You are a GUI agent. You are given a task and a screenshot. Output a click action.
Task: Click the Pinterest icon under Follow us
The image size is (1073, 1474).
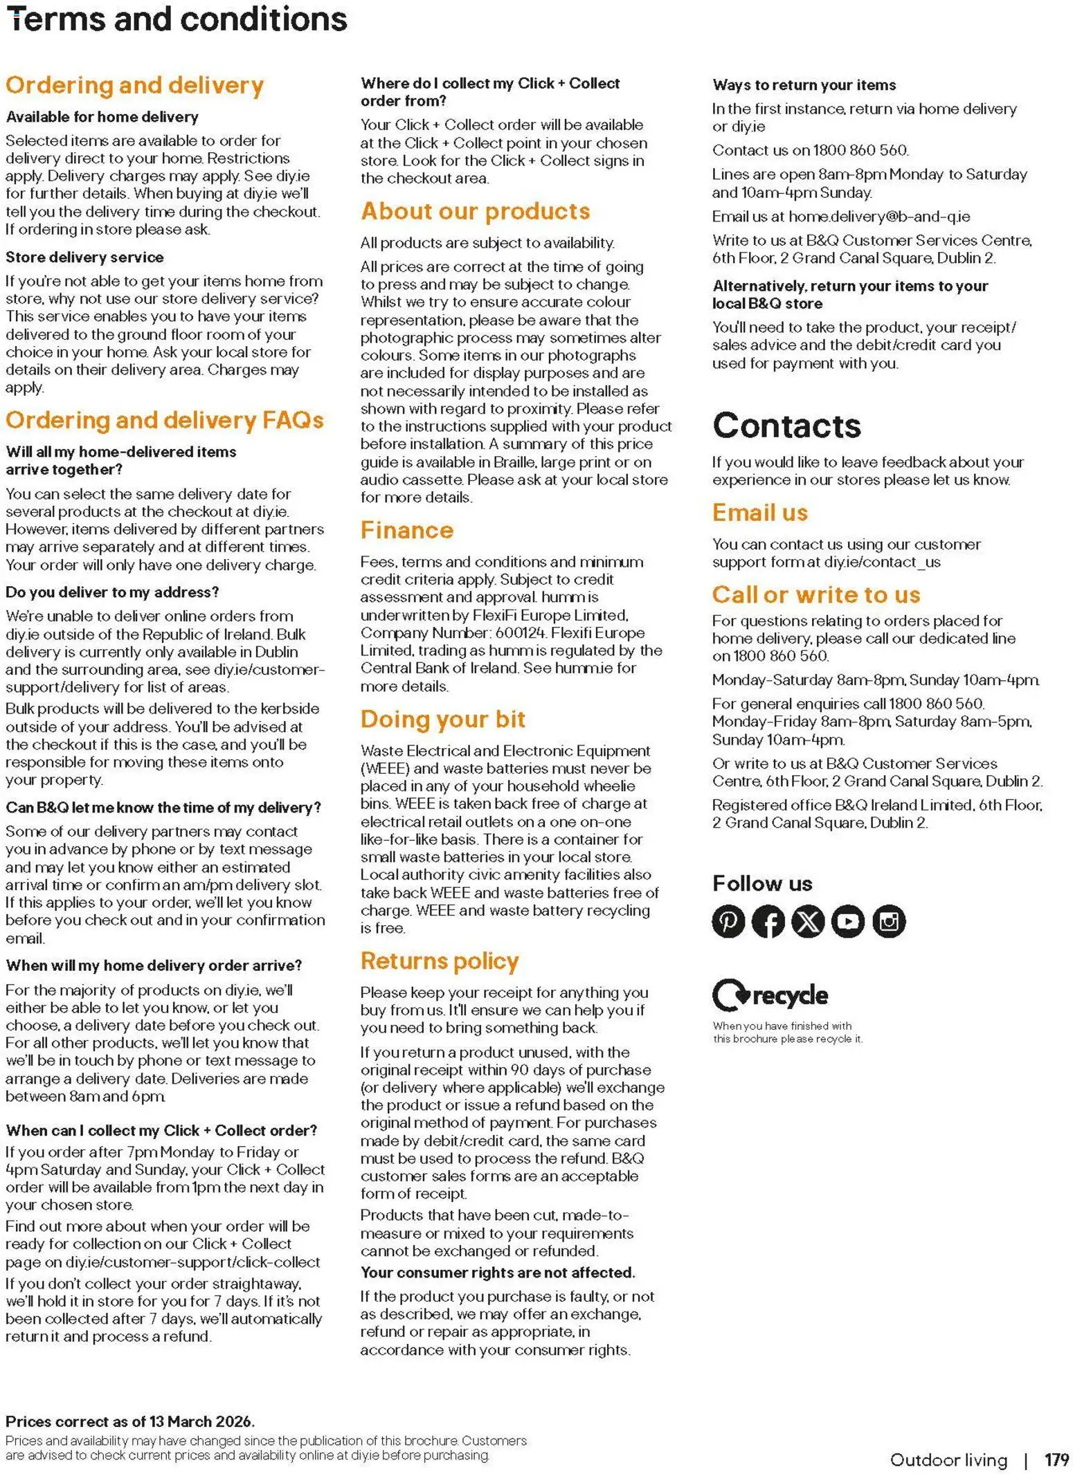tap(728, 921)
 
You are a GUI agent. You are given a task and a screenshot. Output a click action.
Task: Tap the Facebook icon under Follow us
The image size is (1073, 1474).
tap(768, 921)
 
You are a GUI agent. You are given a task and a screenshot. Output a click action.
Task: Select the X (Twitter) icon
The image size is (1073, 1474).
tap(808, 921)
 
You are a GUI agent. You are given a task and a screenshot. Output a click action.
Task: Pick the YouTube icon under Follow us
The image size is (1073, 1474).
tap(848, 921)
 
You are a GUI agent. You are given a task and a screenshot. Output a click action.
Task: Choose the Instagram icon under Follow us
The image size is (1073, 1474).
tap(889, 921)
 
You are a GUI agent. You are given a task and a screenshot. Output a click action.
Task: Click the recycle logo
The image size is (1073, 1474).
tap(770, 995)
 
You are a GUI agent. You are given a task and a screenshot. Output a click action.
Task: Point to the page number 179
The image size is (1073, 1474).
tap(1056, 1459)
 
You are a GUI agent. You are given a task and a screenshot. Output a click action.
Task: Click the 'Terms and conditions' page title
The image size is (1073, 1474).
tap(177, 19)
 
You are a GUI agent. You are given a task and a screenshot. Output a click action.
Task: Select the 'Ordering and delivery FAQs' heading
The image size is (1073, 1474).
tap(165, 420)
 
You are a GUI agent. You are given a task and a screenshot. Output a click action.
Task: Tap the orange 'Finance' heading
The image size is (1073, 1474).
tap(407, 530)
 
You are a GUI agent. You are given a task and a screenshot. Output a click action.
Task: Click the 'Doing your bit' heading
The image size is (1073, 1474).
tap(443, 719)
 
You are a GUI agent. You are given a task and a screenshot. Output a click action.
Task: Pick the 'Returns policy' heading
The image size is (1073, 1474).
tap(440, 961)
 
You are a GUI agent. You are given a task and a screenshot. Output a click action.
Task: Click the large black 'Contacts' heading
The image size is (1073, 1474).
tap(786, 426)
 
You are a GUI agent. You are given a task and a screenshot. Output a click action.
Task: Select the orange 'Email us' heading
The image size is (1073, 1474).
tap(760, 512)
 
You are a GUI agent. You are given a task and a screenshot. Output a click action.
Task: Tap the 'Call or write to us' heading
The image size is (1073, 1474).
tap(816, 594)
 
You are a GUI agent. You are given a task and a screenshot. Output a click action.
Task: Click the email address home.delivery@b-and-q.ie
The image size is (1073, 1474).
tap(879, 217)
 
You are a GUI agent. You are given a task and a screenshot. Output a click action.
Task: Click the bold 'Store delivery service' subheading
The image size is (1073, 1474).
tap(84, 257)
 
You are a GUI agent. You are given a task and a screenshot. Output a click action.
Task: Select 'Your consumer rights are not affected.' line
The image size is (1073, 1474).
tap(498, 1273)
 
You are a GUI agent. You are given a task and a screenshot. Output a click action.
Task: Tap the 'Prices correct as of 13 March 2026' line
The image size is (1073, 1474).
tap(130, 1421)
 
